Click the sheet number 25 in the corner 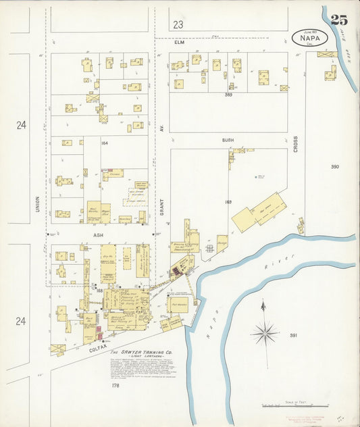coord(339,20)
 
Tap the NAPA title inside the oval coord(310,39)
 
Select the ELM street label coord(180,42)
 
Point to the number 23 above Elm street coord(178,24)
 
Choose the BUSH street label coord(228,140)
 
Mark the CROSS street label coord(295,143)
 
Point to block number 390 coord(335,166)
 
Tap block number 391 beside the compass coord(293,335)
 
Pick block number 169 coord(228,201)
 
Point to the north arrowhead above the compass coord(263,305)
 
